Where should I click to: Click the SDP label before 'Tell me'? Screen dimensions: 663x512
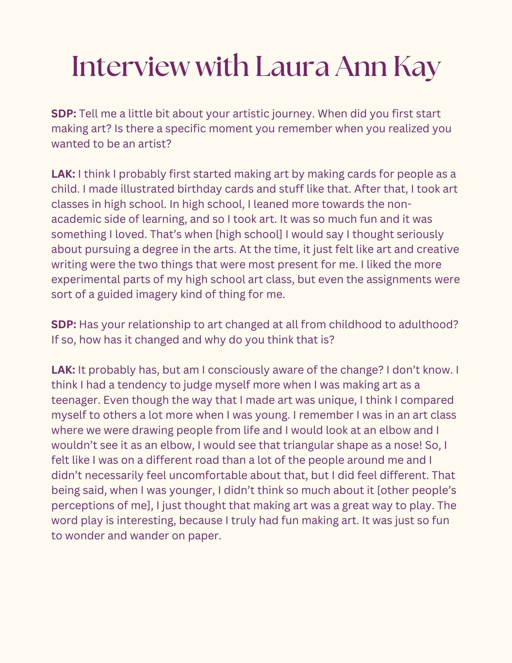pos(64,114)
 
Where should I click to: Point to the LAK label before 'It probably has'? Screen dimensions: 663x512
pos(63,370)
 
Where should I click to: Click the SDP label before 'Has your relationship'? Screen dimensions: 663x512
pos(64,325)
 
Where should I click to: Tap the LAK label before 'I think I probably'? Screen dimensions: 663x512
pos(63,174)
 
